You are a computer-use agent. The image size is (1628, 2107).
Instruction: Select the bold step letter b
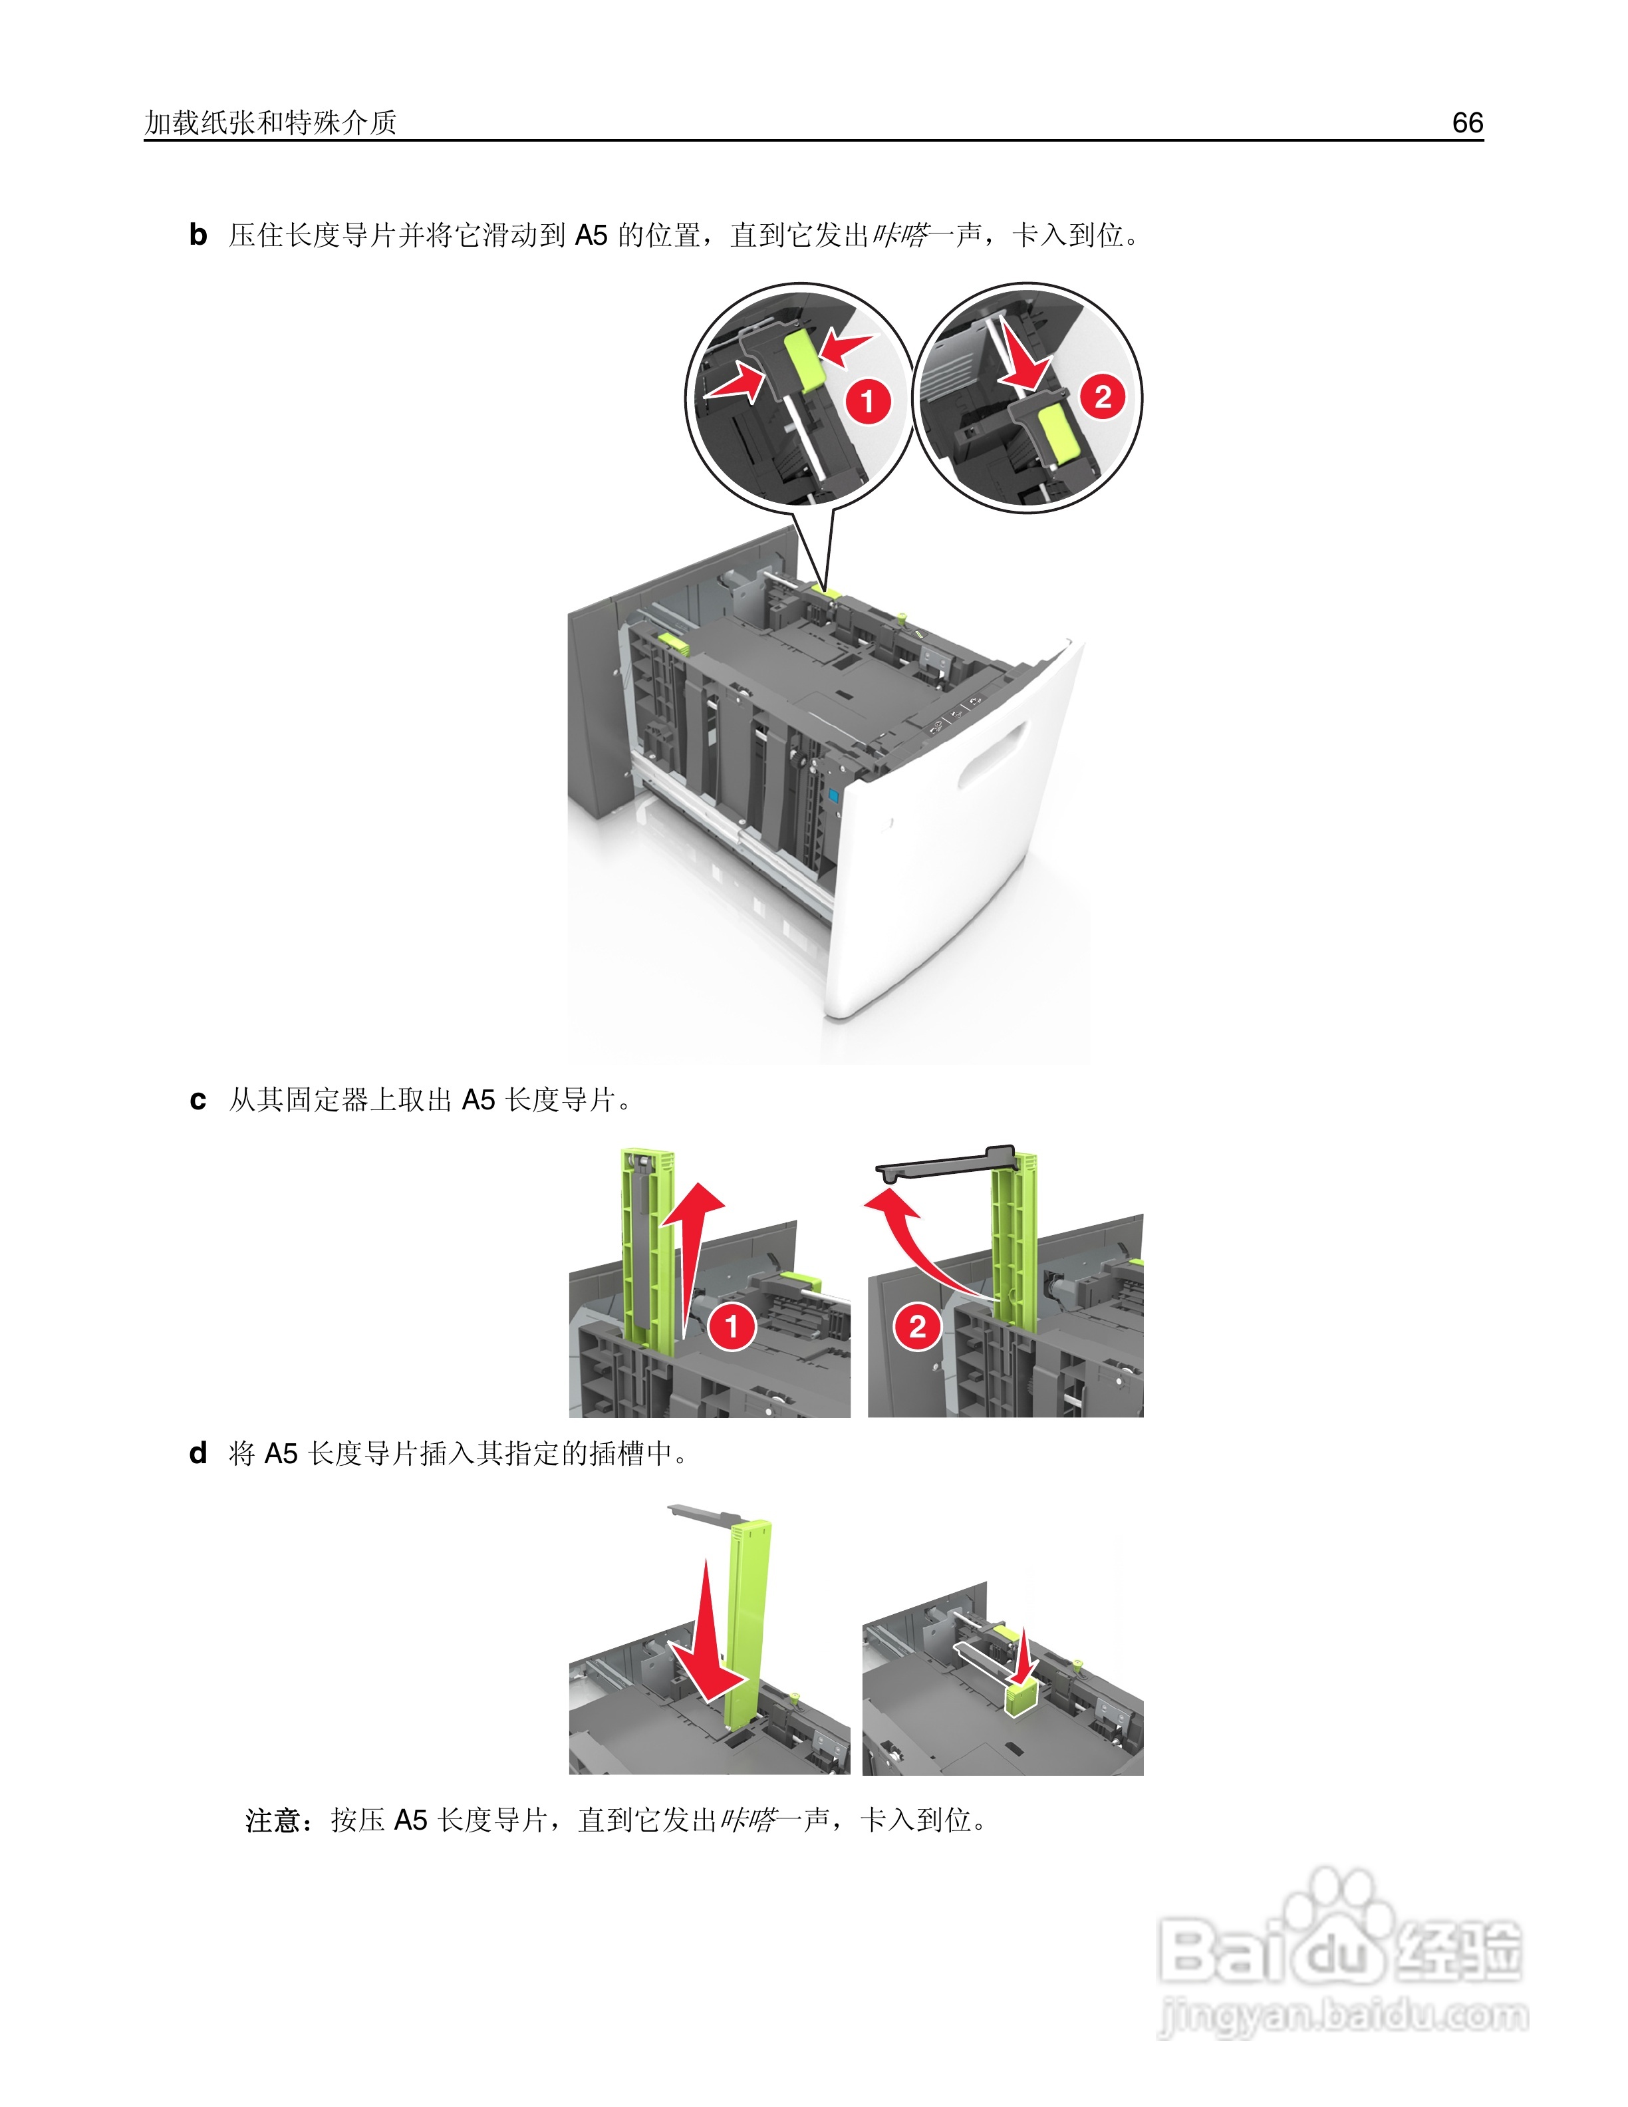[198, 234]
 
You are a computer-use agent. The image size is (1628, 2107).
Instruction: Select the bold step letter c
[198, 1100]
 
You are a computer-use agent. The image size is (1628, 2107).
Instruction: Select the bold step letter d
[198, 1453]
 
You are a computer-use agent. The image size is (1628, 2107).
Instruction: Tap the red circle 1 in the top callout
[867, 400]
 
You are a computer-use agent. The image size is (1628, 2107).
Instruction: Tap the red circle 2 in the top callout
[1103, 396]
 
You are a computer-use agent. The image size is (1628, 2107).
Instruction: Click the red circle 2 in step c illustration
[917, 1327]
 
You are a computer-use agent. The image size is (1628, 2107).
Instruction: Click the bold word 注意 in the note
[273, 1820]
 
